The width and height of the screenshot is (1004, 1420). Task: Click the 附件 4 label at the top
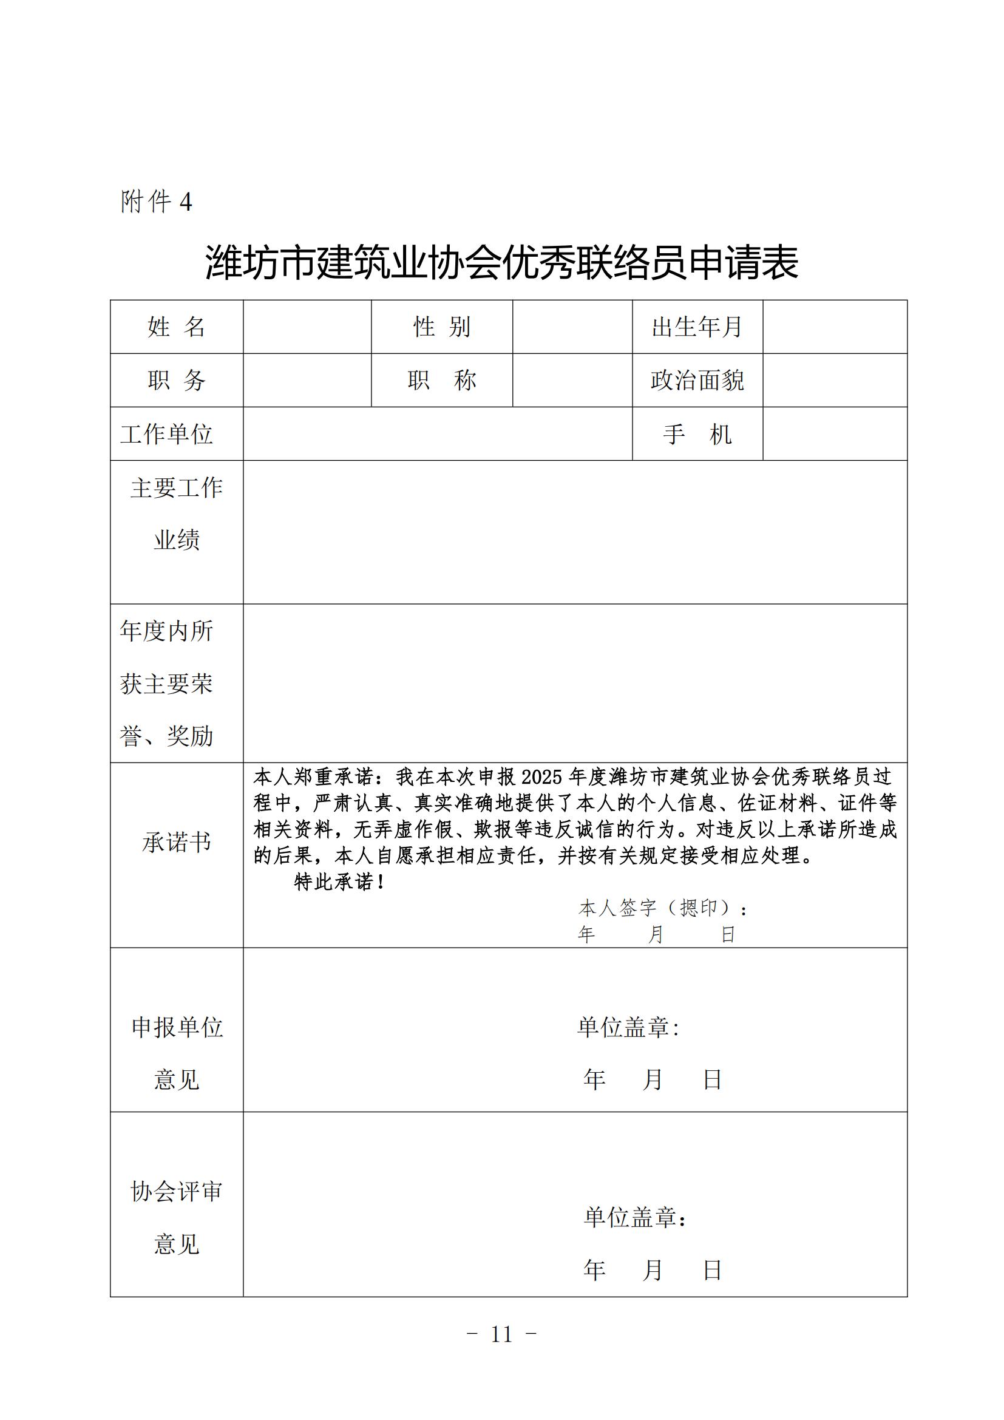point(156,202)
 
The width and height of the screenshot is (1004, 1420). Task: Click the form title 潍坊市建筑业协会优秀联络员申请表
point(501,263)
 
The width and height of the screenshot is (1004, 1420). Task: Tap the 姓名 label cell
point(176,327)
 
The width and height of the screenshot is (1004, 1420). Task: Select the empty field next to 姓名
point(307,327)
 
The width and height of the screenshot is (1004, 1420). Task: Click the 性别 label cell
point(441,327)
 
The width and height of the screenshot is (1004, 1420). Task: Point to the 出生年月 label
point(697,327)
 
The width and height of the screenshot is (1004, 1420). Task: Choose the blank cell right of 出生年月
point(835,327)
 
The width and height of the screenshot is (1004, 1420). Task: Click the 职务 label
point(176,379)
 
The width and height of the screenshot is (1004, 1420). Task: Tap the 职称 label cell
point(441,379)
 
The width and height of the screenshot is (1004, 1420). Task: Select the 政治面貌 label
point(697,379)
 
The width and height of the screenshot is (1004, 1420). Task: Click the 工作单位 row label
point(167,434)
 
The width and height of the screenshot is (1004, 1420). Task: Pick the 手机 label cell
point(697,434)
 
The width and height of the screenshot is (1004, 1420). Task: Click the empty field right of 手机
point(835,434)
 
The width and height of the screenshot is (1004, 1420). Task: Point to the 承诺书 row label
point(176,841)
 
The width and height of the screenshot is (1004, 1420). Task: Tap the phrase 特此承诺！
point(339,882)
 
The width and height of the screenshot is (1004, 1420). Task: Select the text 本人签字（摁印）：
point(663,908)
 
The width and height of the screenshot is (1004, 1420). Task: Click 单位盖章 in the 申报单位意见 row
point(628,1027)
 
